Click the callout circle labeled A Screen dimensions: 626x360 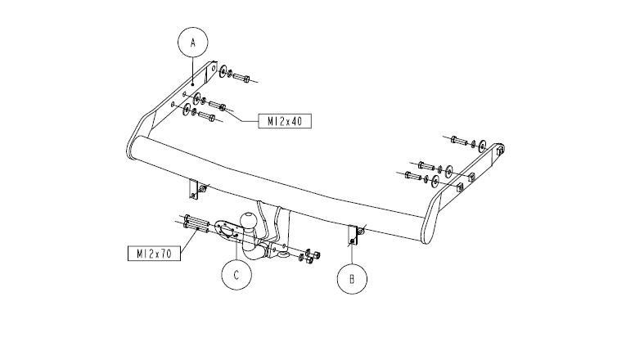(193, 28)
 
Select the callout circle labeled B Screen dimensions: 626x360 (352, 264)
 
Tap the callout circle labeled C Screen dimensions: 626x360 (236, 260)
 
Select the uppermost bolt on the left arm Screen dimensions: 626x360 (241, 77)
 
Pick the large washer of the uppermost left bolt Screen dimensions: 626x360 (223, 70)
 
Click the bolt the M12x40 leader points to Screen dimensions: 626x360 (218, 106)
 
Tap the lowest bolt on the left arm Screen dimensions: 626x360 (207, 116)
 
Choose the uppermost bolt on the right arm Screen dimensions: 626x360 (459, 141)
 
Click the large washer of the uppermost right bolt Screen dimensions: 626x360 (482, 146)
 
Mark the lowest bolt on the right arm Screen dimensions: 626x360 (413, 175)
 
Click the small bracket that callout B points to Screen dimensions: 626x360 (354, 236)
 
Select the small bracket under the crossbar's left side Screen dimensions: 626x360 (196, 189)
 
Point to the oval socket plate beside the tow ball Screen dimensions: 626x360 (226, 230)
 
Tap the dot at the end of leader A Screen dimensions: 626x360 (193, 84)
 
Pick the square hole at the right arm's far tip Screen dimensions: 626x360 (500, 150)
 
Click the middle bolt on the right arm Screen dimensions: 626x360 (426, 165)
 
